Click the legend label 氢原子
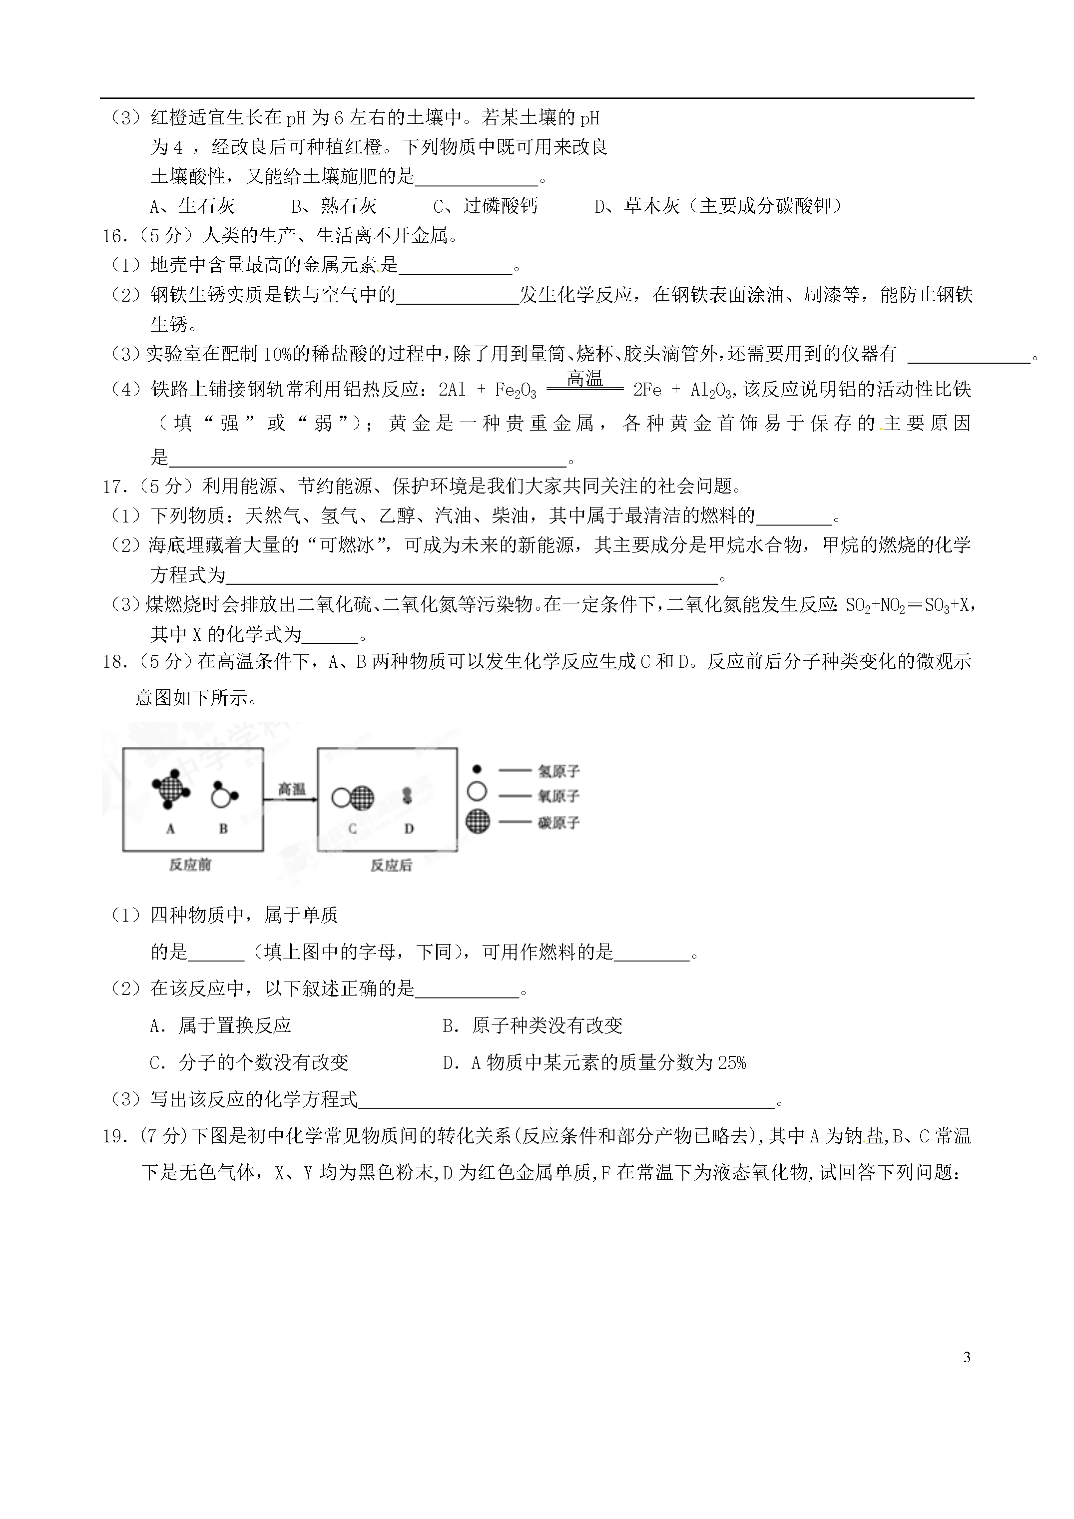pos(558,771)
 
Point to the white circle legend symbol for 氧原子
pos(477,791)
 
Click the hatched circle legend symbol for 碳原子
pos(478,822)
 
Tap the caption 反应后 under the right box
pos(391,865)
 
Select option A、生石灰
pos(192,206)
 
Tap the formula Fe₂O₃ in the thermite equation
pos(516,390)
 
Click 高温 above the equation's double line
pos(585,379)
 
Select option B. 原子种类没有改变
pos(532,1025)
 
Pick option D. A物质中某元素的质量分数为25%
pos(593,1062)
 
